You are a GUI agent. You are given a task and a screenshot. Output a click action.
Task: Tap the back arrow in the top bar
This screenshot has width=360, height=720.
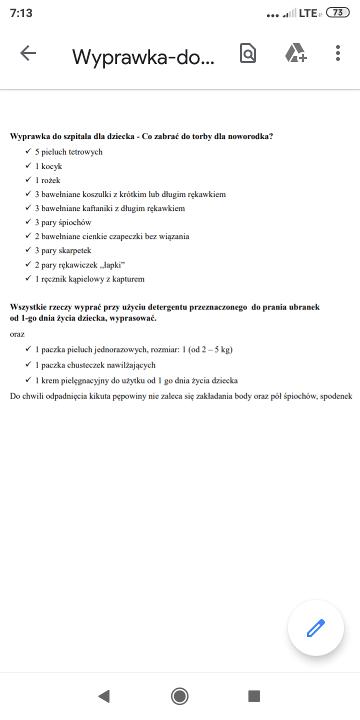point(28,53)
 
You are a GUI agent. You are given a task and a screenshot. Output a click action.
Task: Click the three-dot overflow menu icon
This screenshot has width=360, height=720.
point(338,53)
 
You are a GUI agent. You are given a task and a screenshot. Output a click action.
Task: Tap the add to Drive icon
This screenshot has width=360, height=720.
point(295,53)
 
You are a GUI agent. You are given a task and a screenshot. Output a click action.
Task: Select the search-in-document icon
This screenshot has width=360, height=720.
point(248,53)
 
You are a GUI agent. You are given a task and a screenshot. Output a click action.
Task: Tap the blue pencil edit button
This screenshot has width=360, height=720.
point(315,627)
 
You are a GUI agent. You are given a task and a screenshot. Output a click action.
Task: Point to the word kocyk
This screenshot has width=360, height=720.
point(52,166)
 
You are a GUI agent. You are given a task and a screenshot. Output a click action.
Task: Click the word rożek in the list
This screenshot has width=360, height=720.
point(51,180)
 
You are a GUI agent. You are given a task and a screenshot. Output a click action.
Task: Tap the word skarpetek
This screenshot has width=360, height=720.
point(75,250)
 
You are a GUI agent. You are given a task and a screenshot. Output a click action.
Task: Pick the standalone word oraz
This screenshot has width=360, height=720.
point(17,334)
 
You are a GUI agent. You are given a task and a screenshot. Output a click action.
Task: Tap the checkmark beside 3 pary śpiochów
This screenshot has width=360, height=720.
point(28,222)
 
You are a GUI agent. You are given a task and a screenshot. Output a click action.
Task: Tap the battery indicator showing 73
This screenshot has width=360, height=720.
point(337,13)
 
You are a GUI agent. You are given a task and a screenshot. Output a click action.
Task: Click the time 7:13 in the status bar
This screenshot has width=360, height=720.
point(21,13)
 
